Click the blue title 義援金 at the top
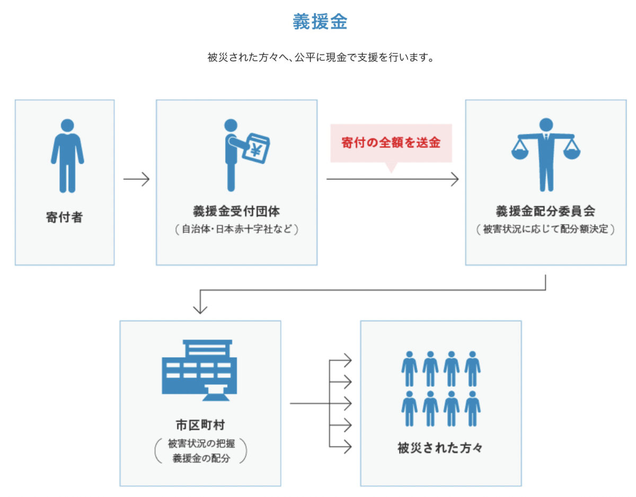coord(320,22)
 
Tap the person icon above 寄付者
coord(67,155)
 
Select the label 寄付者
coord(64,217)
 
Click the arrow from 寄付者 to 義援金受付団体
coord(137,180)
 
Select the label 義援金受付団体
coord(236,211)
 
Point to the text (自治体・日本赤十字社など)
coord(236,230)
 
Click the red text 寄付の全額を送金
coord(391,143)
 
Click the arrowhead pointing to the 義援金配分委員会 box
coord(454,180)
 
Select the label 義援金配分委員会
coord(545,211)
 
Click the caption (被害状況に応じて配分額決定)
coord(545,230)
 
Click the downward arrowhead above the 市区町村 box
coord(200,308)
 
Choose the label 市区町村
coord(200,425)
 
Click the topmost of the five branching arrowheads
coord(347,361)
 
